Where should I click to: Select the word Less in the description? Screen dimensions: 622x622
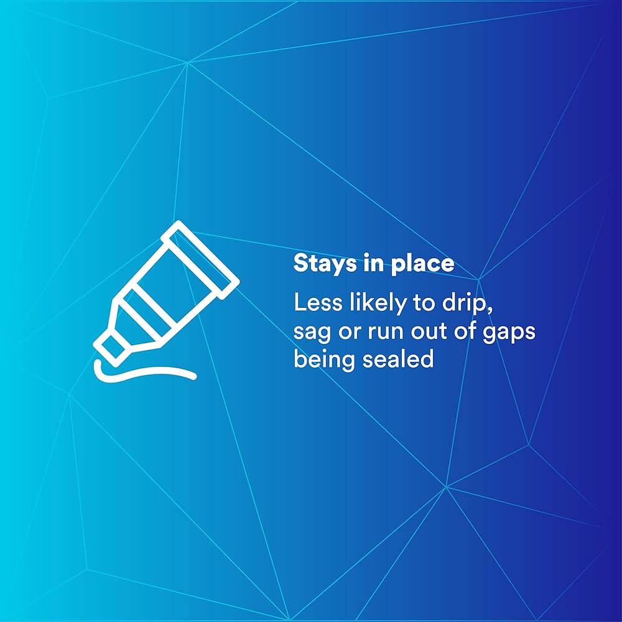tap(318, 303)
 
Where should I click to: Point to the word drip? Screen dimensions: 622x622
tap(465, 304)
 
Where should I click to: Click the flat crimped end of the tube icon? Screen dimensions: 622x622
tap(200, 260)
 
